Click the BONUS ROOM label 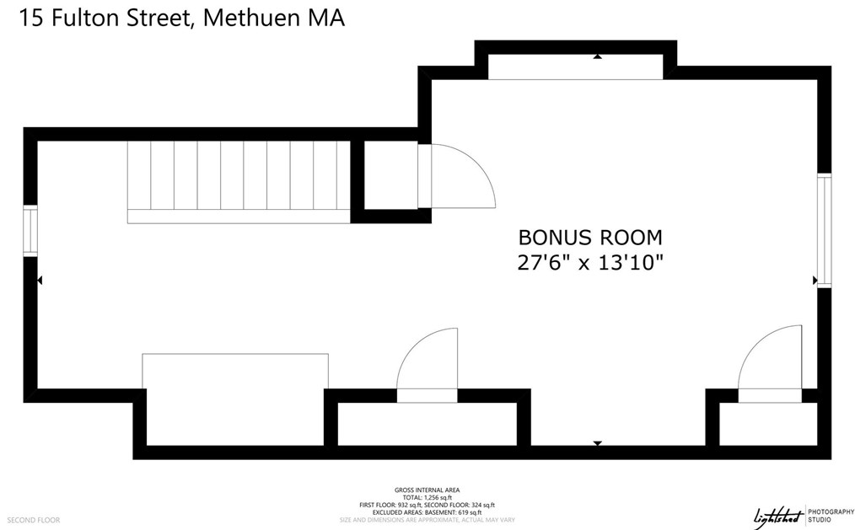click(x=590, y=237)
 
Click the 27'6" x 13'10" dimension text click(x=590, y=263)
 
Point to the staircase click(x=239, y=180)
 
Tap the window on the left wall click(x=30, y=230)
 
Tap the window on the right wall click(x=825, y=230)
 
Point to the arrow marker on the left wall click(x=40, y=280)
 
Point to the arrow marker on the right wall click(x=815, y=280)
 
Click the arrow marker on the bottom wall click(x=597, y=442)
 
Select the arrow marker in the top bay click(x=597, y=57)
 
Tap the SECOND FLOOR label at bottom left click(x=35, y=520)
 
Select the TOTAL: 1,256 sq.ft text click(x=427, y=497)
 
